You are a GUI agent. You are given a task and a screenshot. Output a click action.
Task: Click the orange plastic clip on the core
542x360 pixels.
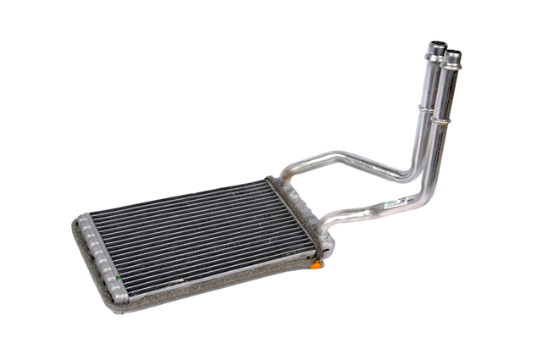coord(316,265)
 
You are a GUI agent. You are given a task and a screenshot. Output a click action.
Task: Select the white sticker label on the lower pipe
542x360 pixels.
coord(394,202)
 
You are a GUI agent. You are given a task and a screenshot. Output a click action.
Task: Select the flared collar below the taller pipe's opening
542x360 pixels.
coord(434,58)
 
